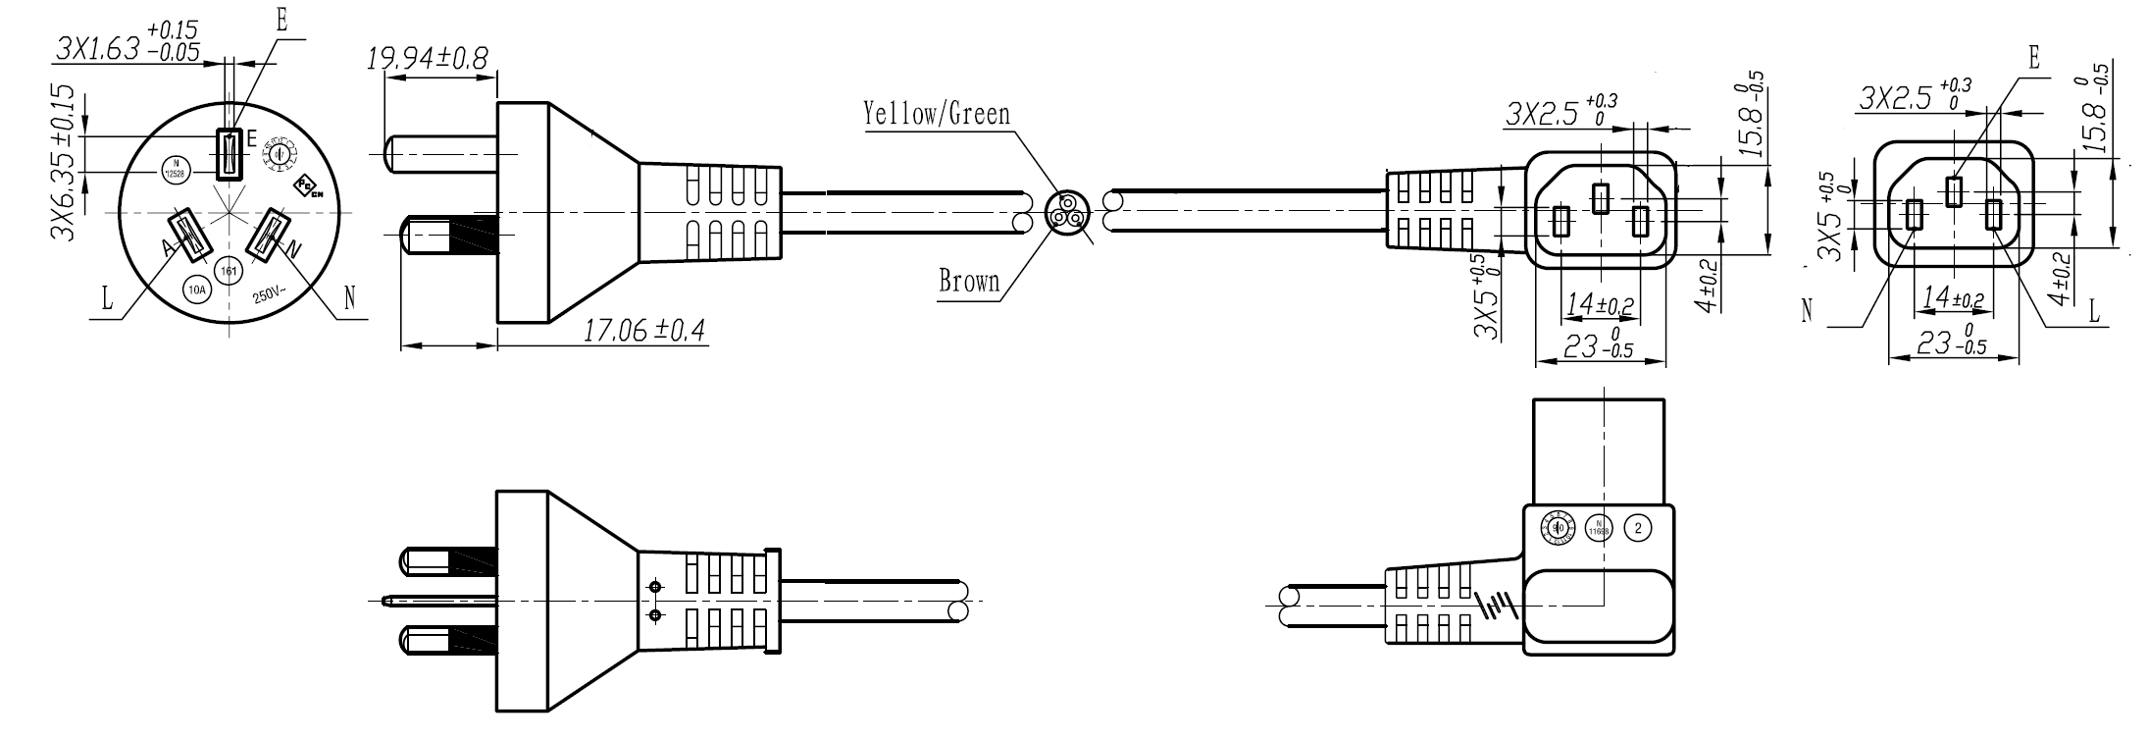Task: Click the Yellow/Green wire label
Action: pos(937,114)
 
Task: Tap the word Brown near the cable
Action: pos(969,282)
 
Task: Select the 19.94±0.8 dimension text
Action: pos(427,59)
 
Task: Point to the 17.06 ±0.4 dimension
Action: pos(644,330)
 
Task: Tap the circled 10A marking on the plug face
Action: pos(198,290)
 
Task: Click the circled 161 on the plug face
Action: pos(230,272)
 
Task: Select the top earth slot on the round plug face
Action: pos(230,154)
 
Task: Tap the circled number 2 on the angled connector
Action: pos(1638,528)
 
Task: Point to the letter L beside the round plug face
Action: pos(108,300)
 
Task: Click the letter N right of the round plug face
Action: pos(350,296)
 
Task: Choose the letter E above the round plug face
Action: pos(282,22)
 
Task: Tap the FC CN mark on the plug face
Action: pos(310,186)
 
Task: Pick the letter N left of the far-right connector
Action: pos(1807,310)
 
